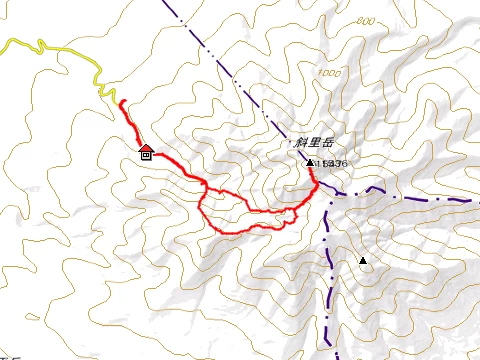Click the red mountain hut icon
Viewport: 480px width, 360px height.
146,152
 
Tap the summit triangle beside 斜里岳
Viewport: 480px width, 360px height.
310,163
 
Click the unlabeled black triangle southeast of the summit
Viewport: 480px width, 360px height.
363,262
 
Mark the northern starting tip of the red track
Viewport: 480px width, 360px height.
120,102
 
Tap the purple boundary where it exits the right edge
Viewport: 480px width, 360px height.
477,202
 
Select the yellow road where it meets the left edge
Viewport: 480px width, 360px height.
3,41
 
